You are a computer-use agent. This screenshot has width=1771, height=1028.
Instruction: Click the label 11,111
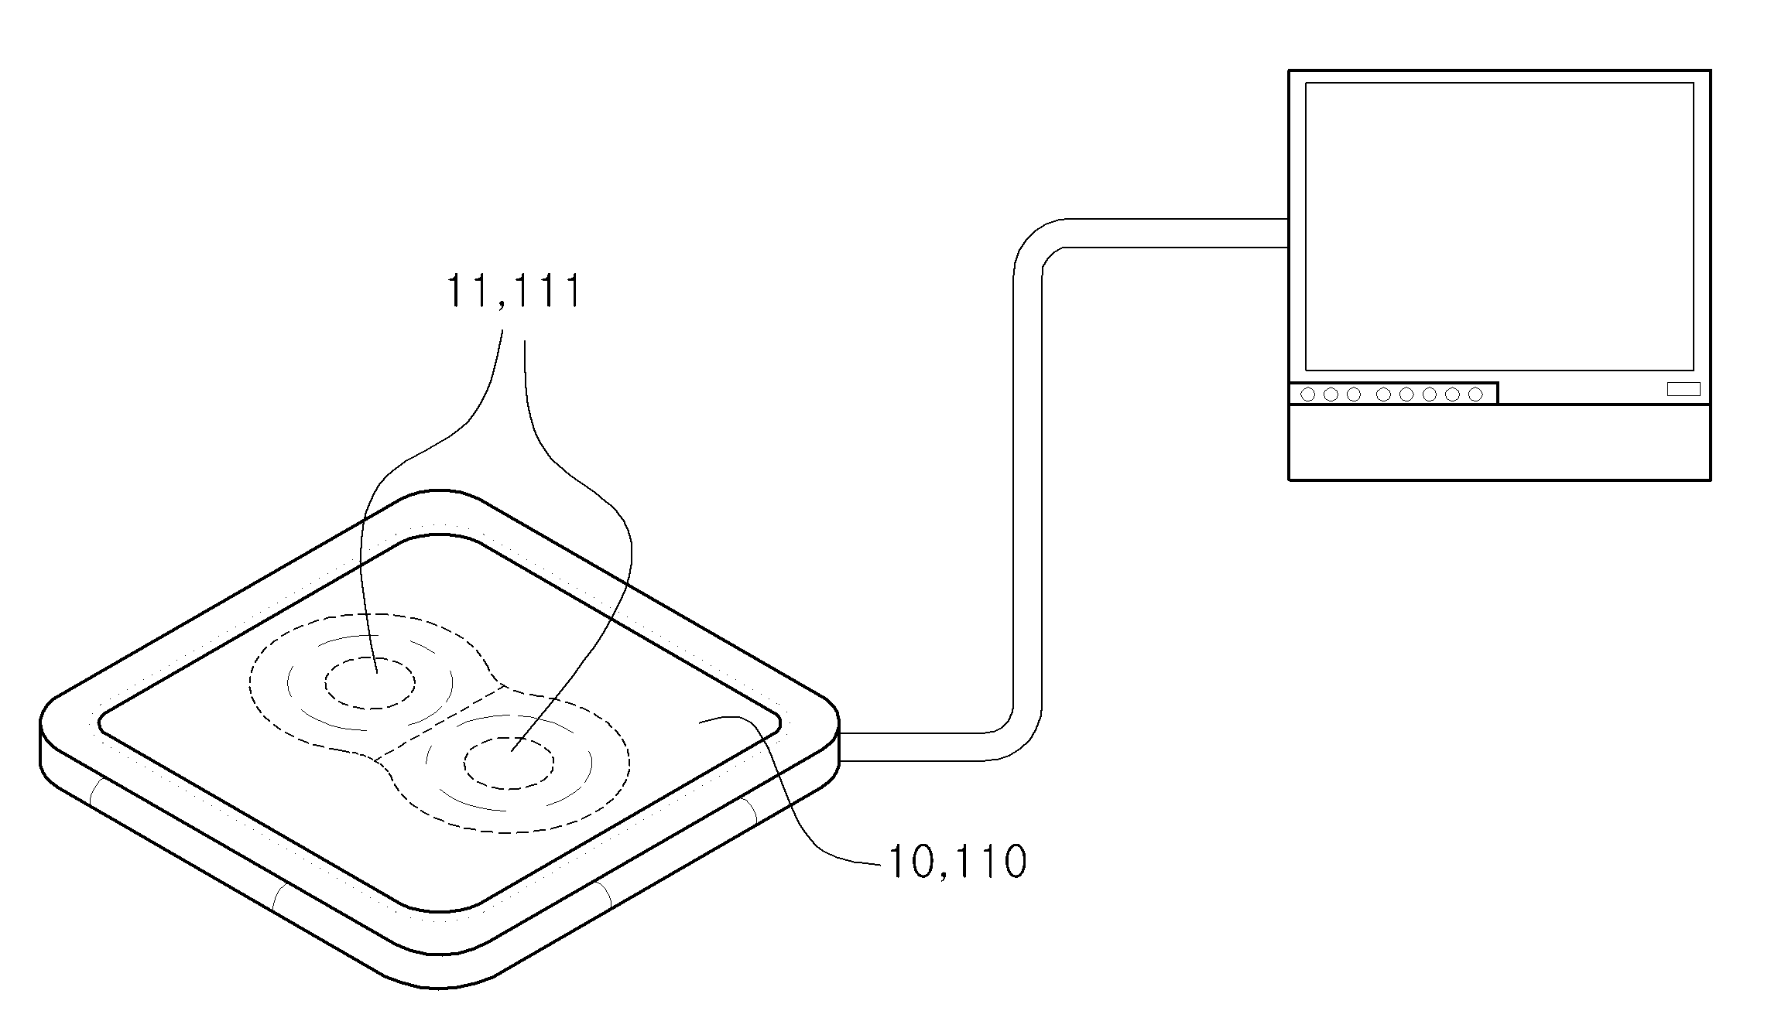[x=513, y=292]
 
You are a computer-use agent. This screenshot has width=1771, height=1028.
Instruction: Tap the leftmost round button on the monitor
[x=1308, y=394]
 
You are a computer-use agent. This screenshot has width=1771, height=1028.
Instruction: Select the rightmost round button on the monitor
[x=1475, y=394]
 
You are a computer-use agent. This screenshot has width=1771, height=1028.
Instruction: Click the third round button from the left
[x=1354, y=394]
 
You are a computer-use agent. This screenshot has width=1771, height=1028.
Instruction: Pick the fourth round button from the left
[x=1384, y=394]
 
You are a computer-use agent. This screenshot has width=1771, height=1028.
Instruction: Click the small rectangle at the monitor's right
[x=1684, y=389]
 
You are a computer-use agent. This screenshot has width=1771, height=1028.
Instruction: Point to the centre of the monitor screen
[x=1499, y=227]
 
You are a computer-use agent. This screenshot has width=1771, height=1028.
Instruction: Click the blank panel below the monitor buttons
[x=1499, y=442]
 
